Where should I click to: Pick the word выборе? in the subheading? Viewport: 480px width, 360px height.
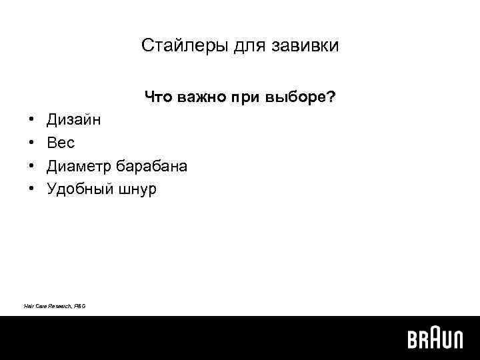[x=300, y=98]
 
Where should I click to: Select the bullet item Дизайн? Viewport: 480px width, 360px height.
[x=75, y=121]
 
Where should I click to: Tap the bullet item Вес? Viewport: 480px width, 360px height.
[x=61, y=143]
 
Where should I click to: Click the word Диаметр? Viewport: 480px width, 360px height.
[x=79, y=166]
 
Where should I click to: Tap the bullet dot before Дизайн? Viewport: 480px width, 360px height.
[x=32, y=121]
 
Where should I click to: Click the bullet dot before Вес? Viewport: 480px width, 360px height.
[x=32, y=143]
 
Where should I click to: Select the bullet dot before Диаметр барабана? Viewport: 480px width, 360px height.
[x=32, y=166]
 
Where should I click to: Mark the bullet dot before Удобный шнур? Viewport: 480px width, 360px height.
[x=32, y=189]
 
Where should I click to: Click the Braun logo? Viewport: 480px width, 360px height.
[x=435, y=339]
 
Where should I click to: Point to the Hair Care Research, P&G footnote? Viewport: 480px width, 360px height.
[x=55, y=305]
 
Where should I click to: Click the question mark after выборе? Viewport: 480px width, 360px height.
[x=331, y=98]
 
